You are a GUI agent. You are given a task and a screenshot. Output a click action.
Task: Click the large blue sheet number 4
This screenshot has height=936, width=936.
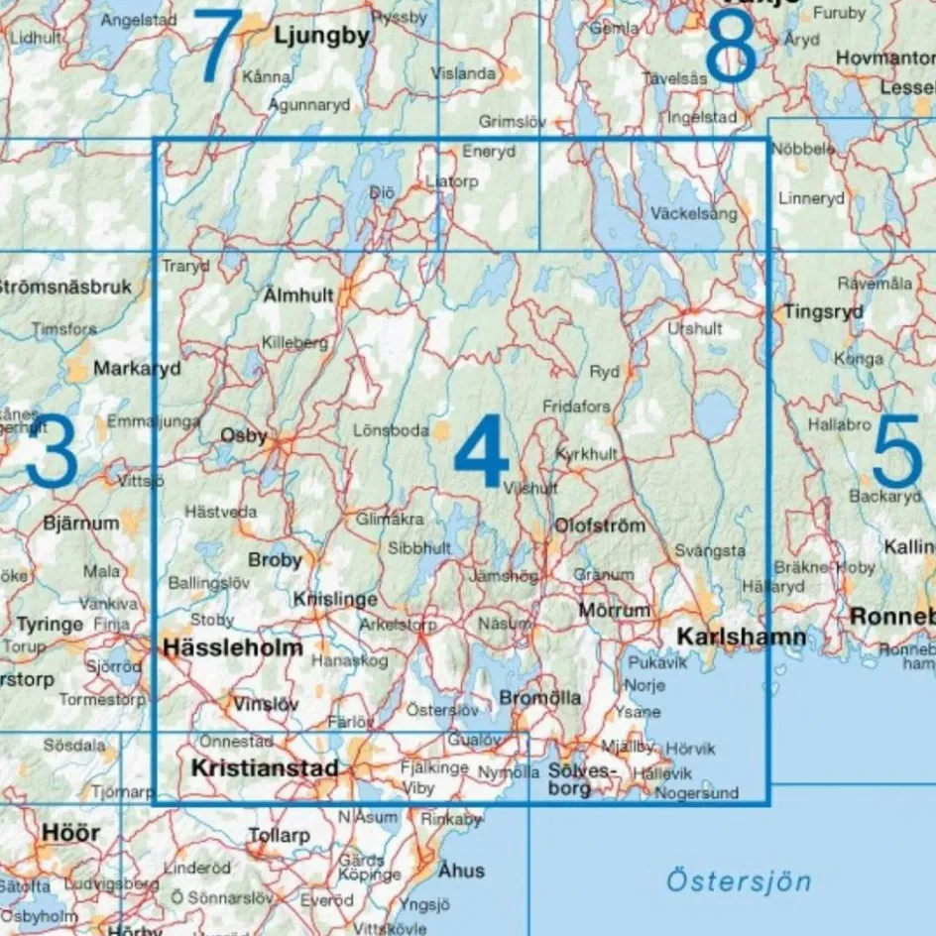(x=482, y=454)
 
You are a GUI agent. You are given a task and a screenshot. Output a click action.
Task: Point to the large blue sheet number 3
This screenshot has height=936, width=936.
(x=52, y=454)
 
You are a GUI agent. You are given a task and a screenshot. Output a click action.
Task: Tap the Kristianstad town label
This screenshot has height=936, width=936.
(x=265, y=767)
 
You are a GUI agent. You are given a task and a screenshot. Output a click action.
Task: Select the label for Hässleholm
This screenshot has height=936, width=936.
(x=233, y=647)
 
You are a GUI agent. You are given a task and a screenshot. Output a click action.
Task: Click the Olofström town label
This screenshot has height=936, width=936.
(x=601, y=525)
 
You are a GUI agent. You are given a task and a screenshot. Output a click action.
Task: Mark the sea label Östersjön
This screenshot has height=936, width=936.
(x=738, y=880)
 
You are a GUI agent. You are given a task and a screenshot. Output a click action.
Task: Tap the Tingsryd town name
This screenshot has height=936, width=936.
(x=823, y=310)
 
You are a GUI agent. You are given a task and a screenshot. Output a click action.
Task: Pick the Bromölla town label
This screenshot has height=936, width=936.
(x=540, y=698)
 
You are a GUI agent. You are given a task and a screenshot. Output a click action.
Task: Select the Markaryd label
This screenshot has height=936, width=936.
(x=138, y=368)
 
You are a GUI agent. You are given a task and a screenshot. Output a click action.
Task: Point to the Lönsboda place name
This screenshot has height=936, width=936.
(x=391, y=430)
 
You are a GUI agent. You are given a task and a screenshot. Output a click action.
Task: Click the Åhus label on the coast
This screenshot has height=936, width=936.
(x=461, y=870)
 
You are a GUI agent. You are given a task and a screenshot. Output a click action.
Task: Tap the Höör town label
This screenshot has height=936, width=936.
(x=70, y=831)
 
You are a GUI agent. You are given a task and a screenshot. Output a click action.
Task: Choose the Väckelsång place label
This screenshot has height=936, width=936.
(x=694, y=212)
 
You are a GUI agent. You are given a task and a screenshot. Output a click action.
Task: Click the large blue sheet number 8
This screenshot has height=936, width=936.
(x=732, y=48)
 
